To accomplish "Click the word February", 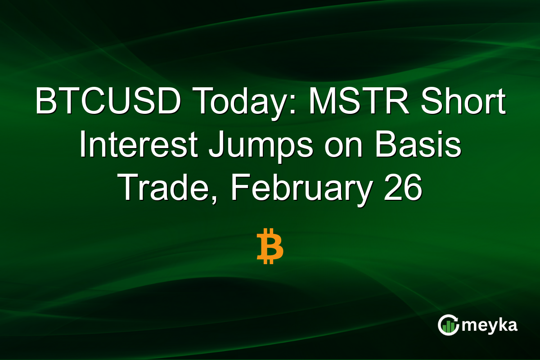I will (x=296, y=188).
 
